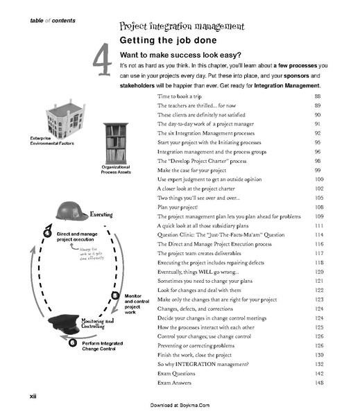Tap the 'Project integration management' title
[x=182, y=26]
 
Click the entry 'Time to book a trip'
[x=184, y=95]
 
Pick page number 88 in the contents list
[x=318, y=95]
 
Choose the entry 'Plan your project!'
[x=179, y=207]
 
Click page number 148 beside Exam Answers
[x=319, y=383]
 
